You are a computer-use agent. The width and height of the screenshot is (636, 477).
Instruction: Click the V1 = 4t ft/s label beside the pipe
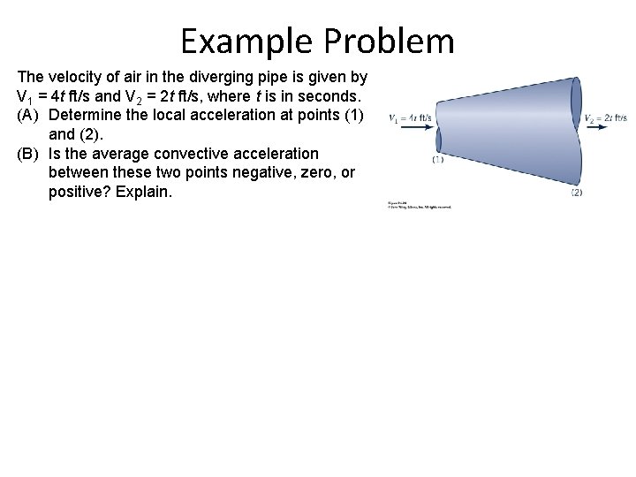410,117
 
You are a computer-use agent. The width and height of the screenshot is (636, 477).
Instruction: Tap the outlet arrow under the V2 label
595,126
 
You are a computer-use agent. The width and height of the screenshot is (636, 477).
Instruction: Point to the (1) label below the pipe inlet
438,160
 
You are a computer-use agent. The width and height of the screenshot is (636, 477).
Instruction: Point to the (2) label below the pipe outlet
576,192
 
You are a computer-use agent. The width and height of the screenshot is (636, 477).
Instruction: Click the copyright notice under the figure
419,205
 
